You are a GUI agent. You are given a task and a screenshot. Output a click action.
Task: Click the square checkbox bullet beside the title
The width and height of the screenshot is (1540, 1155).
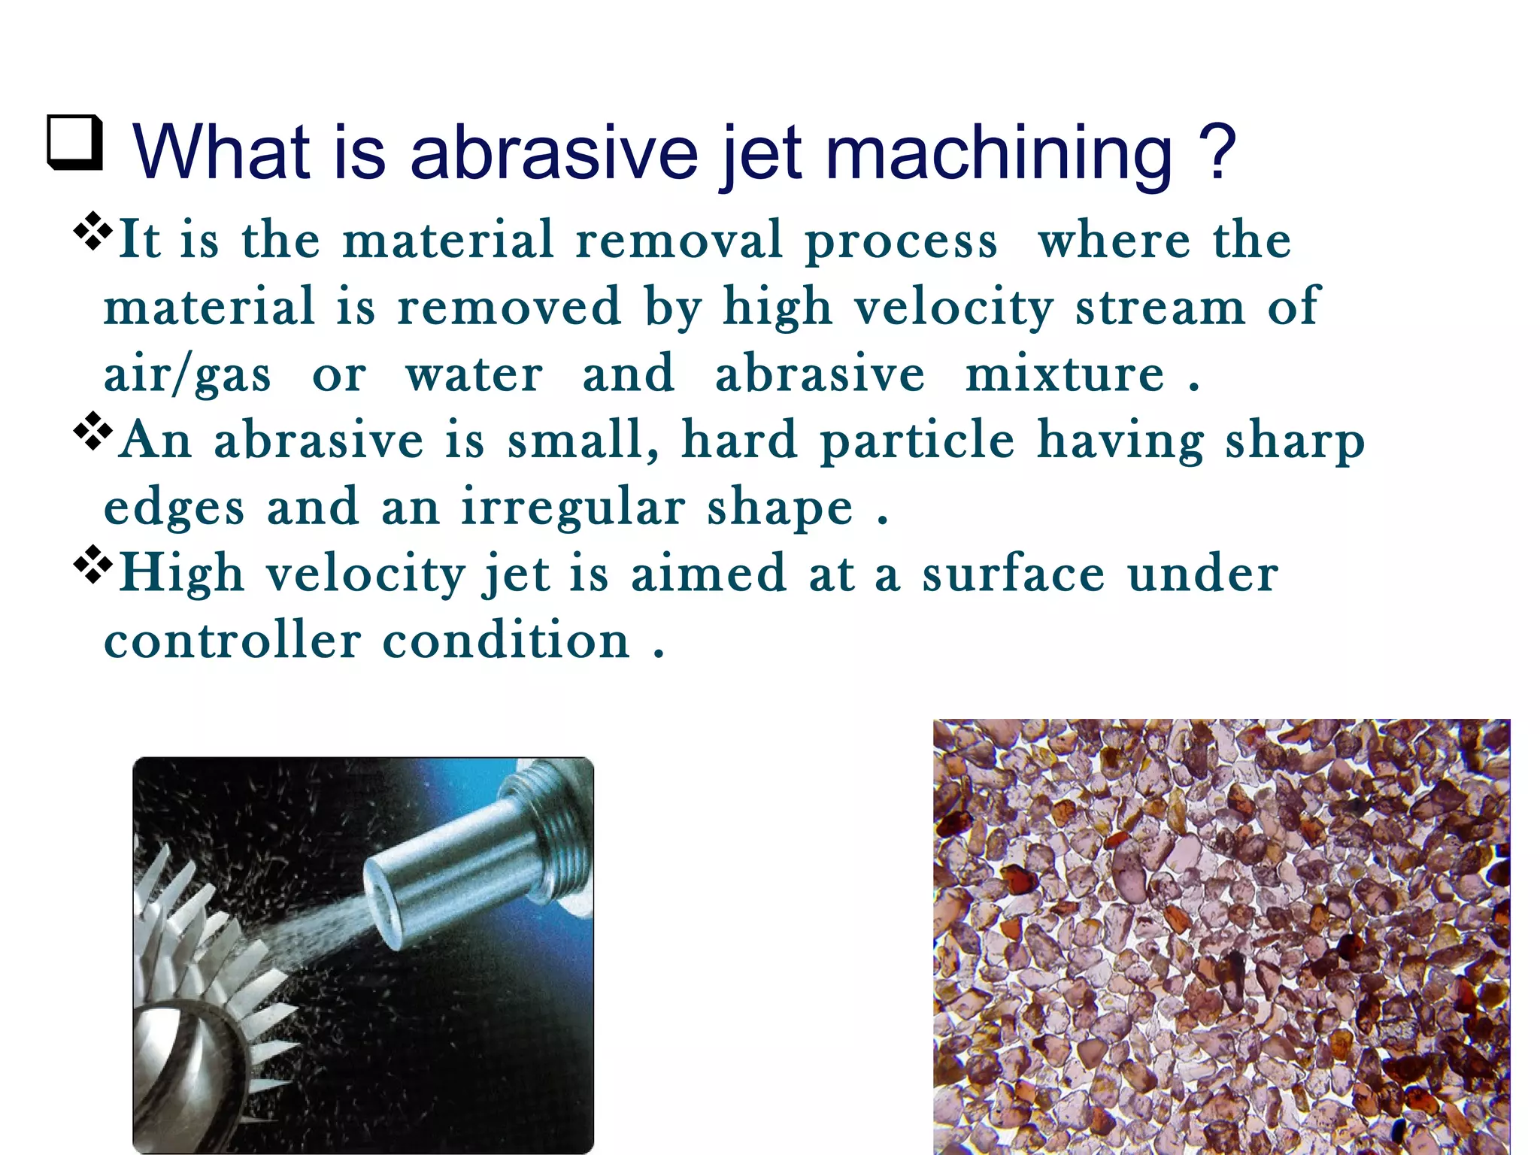point(74,142)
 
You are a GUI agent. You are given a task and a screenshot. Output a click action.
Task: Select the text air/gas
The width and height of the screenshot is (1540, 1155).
point(186,374)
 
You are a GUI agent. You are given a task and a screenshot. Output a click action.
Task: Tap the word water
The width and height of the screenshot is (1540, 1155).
point(474,374)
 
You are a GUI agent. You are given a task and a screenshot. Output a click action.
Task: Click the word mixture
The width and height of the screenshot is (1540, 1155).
point(1064,374)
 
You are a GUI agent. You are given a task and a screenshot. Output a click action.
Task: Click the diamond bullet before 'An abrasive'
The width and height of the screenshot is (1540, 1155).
point(92,431)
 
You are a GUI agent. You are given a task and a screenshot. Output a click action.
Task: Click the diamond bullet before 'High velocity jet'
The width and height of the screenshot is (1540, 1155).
point(92,565)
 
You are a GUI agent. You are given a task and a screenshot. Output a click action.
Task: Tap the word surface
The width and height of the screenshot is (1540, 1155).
point(1013,574)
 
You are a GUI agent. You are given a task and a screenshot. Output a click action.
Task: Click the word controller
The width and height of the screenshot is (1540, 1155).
point(232,641)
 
